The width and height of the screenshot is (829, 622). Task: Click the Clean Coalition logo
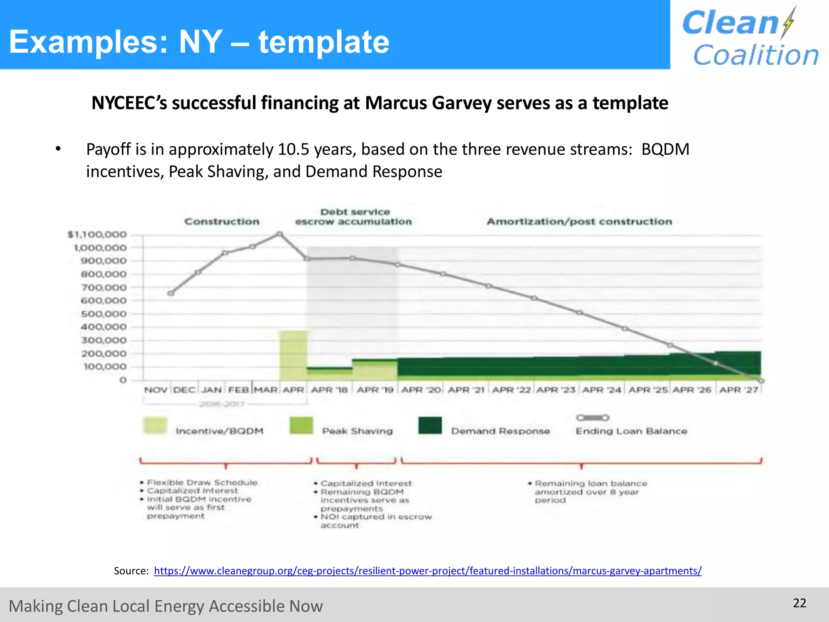[x=750, y=37]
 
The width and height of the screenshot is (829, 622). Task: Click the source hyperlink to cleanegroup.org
[x=427, y=571]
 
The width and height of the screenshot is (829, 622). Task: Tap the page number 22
[x=799, y=603]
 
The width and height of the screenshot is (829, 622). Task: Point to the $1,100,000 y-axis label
[x=97, y=234]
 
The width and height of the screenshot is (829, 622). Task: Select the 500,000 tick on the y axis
[x=104, y=314]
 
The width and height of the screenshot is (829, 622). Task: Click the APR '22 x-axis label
[x=511, y=390]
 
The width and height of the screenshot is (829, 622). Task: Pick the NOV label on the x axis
[x=156, y=390]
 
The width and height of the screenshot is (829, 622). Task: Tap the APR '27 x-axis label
[x=739, y=390]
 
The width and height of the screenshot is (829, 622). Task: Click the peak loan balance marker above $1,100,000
[x=279, y=234]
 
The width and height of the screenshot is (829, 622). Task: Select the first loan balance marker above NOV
[x=171, y=293]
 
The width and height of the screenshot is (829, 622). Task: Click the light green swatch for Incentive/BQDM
[x=155, y=426]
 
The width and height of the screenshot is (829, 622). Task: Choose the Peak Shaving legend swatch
[x=301, y=426]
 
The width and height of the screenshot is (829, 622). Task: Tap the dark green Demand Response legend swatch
[x=430, y=426]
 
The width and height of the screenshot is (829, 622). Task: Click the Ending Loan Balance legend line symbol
[x=593, y=418]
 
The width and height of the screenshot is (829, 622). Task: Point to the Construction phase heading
[x=222, y=222]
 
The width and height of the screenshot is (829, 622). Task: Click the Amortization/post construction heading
[x=579, y=222]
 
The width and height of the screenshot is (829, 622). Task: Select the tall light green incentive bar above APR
[x=293, y=354]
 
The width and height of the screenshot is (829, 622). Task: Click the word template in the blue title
[x=324, y=42]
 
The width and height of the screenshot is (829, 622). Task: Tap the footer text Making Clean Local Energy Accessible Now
[x=166, y=606]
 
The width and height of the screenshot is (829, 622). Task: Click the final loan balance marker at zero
[x=761, y=381]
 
